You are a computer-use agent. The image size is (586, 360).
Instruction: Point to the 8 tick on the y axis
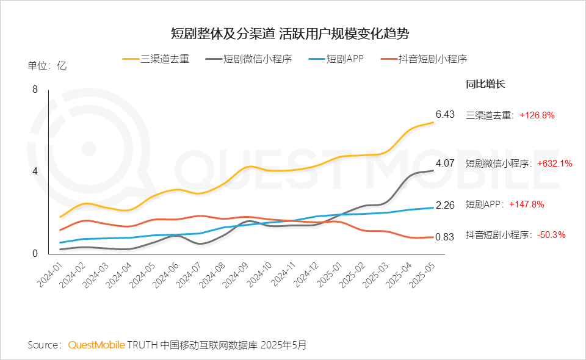[x=35, y=90]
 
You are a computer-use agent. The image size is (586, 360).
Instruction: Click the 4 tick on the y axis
[x=35, y=171]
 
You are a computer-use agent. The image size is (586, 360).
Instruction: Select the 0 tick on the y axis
[x=35, y=253]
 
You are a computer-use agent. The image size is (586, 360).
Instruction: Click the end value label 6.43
[x=445, y=114]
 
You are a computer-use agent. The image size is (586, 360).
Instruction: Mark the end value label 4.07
[x=445, y=163]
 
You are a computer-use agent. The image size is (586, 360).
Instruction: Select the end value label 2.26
[x=445, y=205]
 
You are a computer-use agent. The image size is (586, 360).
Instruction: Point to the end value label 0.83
[x=445, y=237]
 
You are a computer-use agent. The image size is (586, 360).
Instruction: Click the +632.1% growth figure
[x=555, y=164]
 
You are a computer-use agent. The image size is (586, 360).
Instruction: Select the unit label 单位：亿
[x=47, y=66]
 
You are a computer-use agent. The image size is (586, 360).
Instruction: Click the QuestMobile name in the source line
[x=96, y=345]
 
